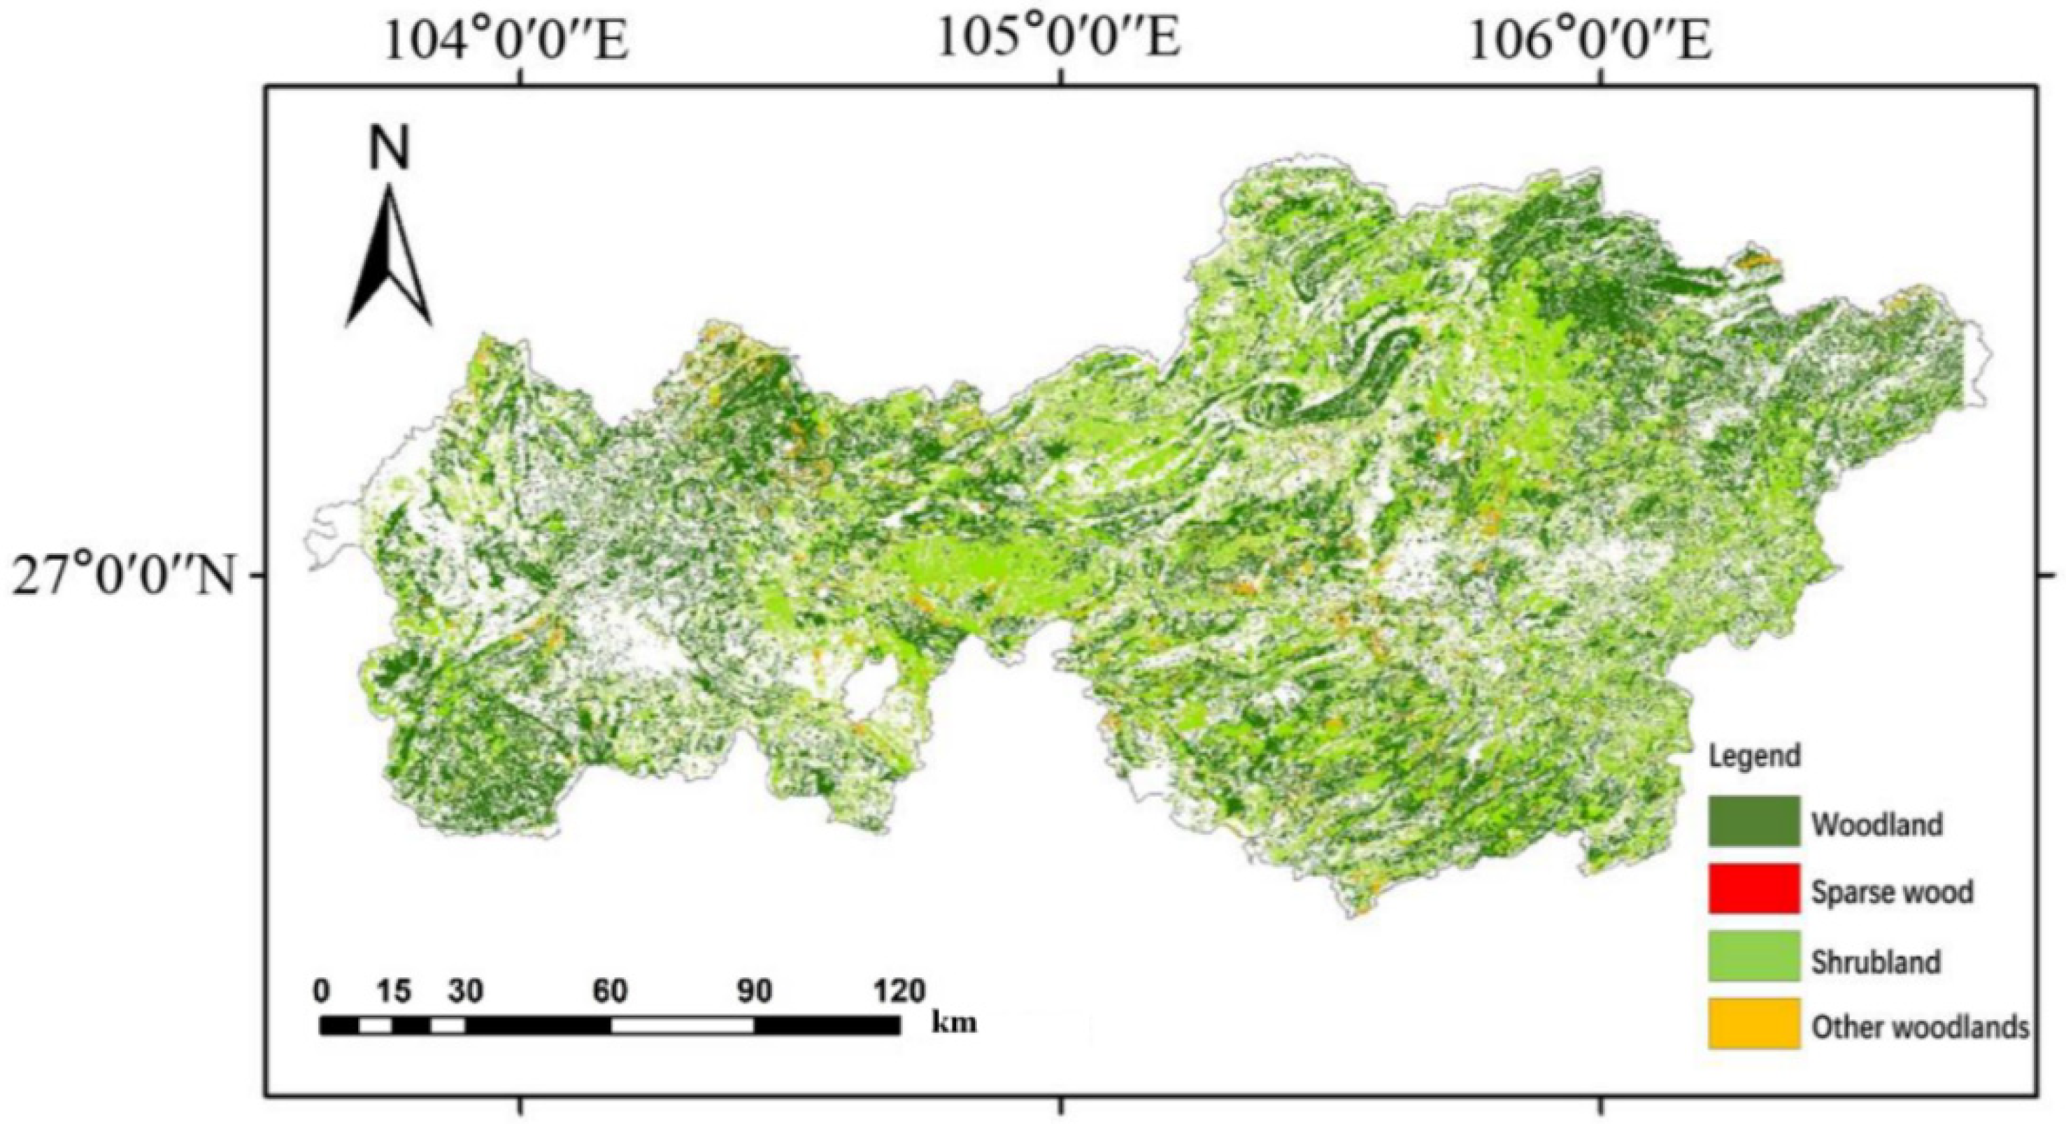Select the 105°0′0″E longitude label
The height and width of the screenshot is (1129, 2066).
[x=1059, y=38]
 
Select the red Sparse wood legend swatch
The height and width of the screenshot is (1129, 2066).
[x=1753, y=889]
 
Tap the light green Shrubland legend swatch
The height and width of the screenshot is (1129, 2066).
[x=1753, y=956]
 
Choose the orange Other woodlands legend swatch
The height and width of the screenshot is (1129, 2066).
[x=1753, y=1023]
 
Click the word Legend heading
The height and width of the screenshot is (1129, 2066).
[x=1754, y=755]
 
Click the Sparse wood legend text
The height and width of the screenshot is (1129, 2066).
[x=1892, y=891]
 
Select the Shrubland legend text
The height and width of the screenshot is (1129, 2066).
[x=1876, y=960]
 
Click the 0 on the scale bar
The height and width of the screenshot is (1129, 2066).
[x=321, y=991]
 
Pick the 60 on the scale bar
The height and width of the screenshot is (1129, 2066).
[x=611, y=991]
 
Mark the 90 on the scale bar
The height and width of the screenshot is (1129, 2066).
[x=754, y=991]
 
